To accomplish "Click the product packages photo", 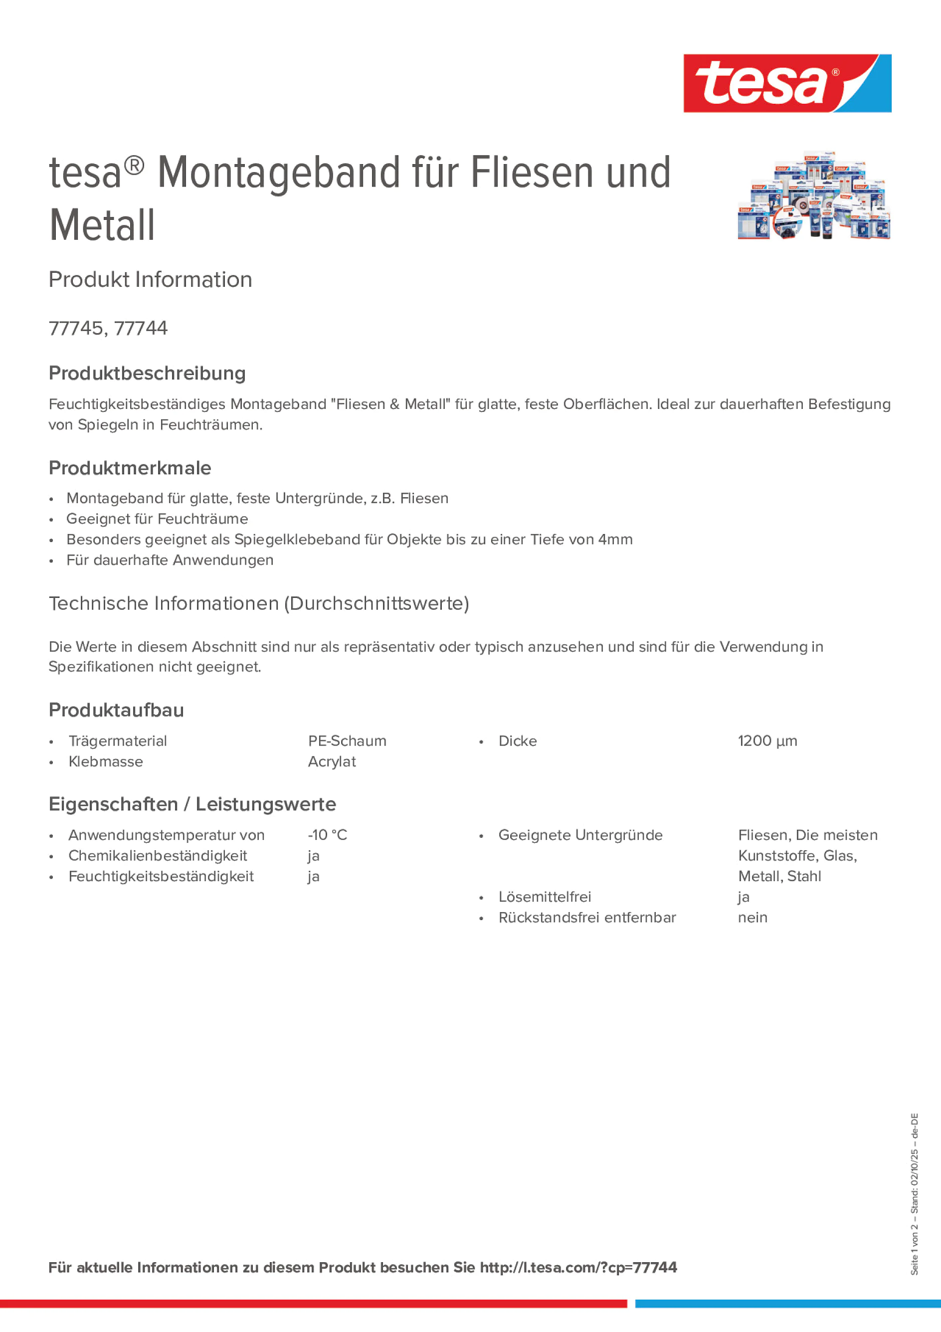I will click(x=813, y=196).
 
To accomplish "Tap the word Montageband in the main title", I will click(x=278, y=173).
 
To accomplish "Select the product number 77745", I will click(x=75, y=328).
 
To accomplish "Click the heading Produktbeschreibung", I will click(x=147, y=373).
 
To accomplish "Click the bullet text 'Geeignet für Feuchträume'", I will click(x=157, y=519).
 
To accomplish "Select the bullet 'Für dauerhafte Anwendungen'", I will click(x=170, y=560).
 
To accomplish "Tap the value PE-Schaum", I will click(x=347, y=741).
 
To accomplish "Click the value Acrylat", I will click(x=332, y=761).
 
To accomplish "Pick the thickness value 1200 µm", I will click(x=767, y=741).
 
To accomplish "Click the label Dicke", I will click(x=518, y=741).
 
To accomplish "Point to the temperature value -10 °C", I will click(x=327, y=835).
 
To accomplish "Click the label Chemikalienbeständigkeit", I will click(x=157, y=856).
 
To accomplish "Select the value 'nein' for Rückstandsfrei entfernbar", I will click(x=753, y=917).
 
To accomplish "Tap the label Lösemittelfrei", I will click(x=544, y=897).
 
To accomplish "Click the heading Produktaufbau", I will click(x=116, y=710).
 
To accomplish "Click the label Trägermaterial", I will click(x=117, y=741).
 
